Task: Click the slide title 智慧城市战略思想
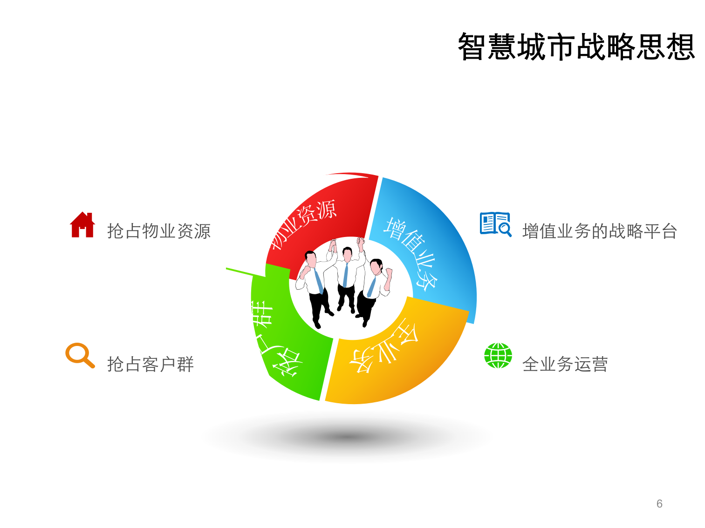click(x=576, y=47)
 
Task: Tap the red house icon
click(x=82, y=225)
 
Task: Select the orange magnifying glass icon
click(x=79, y=355)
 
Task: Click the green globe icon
click(x=498, y=356)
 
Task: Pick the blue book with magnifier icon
click(x=495, y=224)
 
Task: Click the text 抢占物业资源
click(x=159, y=231)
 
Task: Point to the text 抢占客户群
click(x=150, y=364)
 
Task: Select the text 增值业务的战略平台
click(x=599, y=231)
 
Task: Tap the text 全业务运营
click(x=565, y=364)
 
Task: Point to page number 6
click(x=659, y=503)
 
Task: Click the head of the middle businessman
click(x=347, y=254)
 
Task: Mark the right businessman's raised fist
click(x=388, y=272)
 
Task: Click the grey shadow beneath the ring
click(x=347, y=437)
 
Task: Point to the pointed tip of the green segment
click(x=228, y=269)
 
